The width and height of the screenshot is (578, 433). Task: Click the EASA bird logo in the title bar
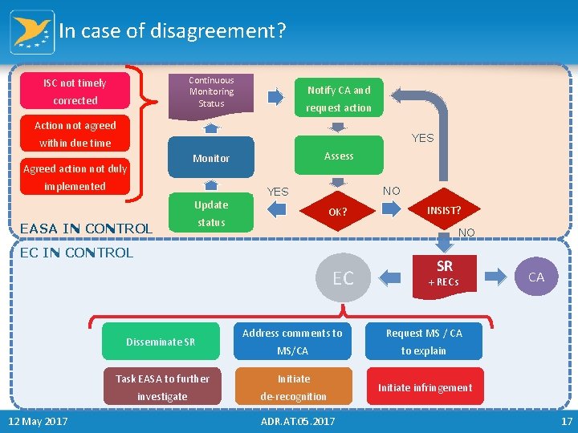32,32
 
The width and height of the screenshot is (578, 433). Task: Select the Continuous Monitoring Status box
211,92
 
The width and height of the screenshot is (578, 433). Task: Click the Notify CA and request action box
338,99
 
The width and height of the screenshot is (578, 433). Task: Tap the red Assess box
338,156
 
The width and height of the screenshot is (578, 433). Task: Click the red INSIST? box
443,210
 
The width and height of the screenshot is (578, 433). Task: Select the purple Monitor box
211,159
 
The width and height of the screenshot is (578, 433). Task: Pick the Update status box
211,213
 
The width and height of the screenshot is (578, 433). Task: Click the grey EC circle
343,278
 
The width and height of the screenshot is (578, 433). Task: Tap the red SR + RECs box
444,273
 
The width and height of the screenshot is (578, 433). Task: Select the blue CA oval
536,277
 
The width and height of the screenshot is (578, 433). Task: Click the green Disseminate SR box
161,342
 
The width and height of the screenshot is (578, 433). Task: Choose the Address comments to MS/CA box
292,342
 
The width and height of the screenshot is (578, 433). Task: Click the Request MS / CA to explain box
424,342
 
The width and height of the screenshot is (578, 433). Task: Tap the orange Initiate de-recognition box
293,387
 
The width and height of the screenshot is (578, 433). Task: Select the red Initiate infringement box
425,387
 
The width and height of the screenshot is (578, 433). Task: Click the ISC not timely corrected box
75,91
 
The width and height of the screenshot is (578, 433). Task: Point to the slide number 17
566,421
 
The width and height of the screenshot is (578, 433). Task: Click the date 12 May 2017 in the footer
38,421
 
